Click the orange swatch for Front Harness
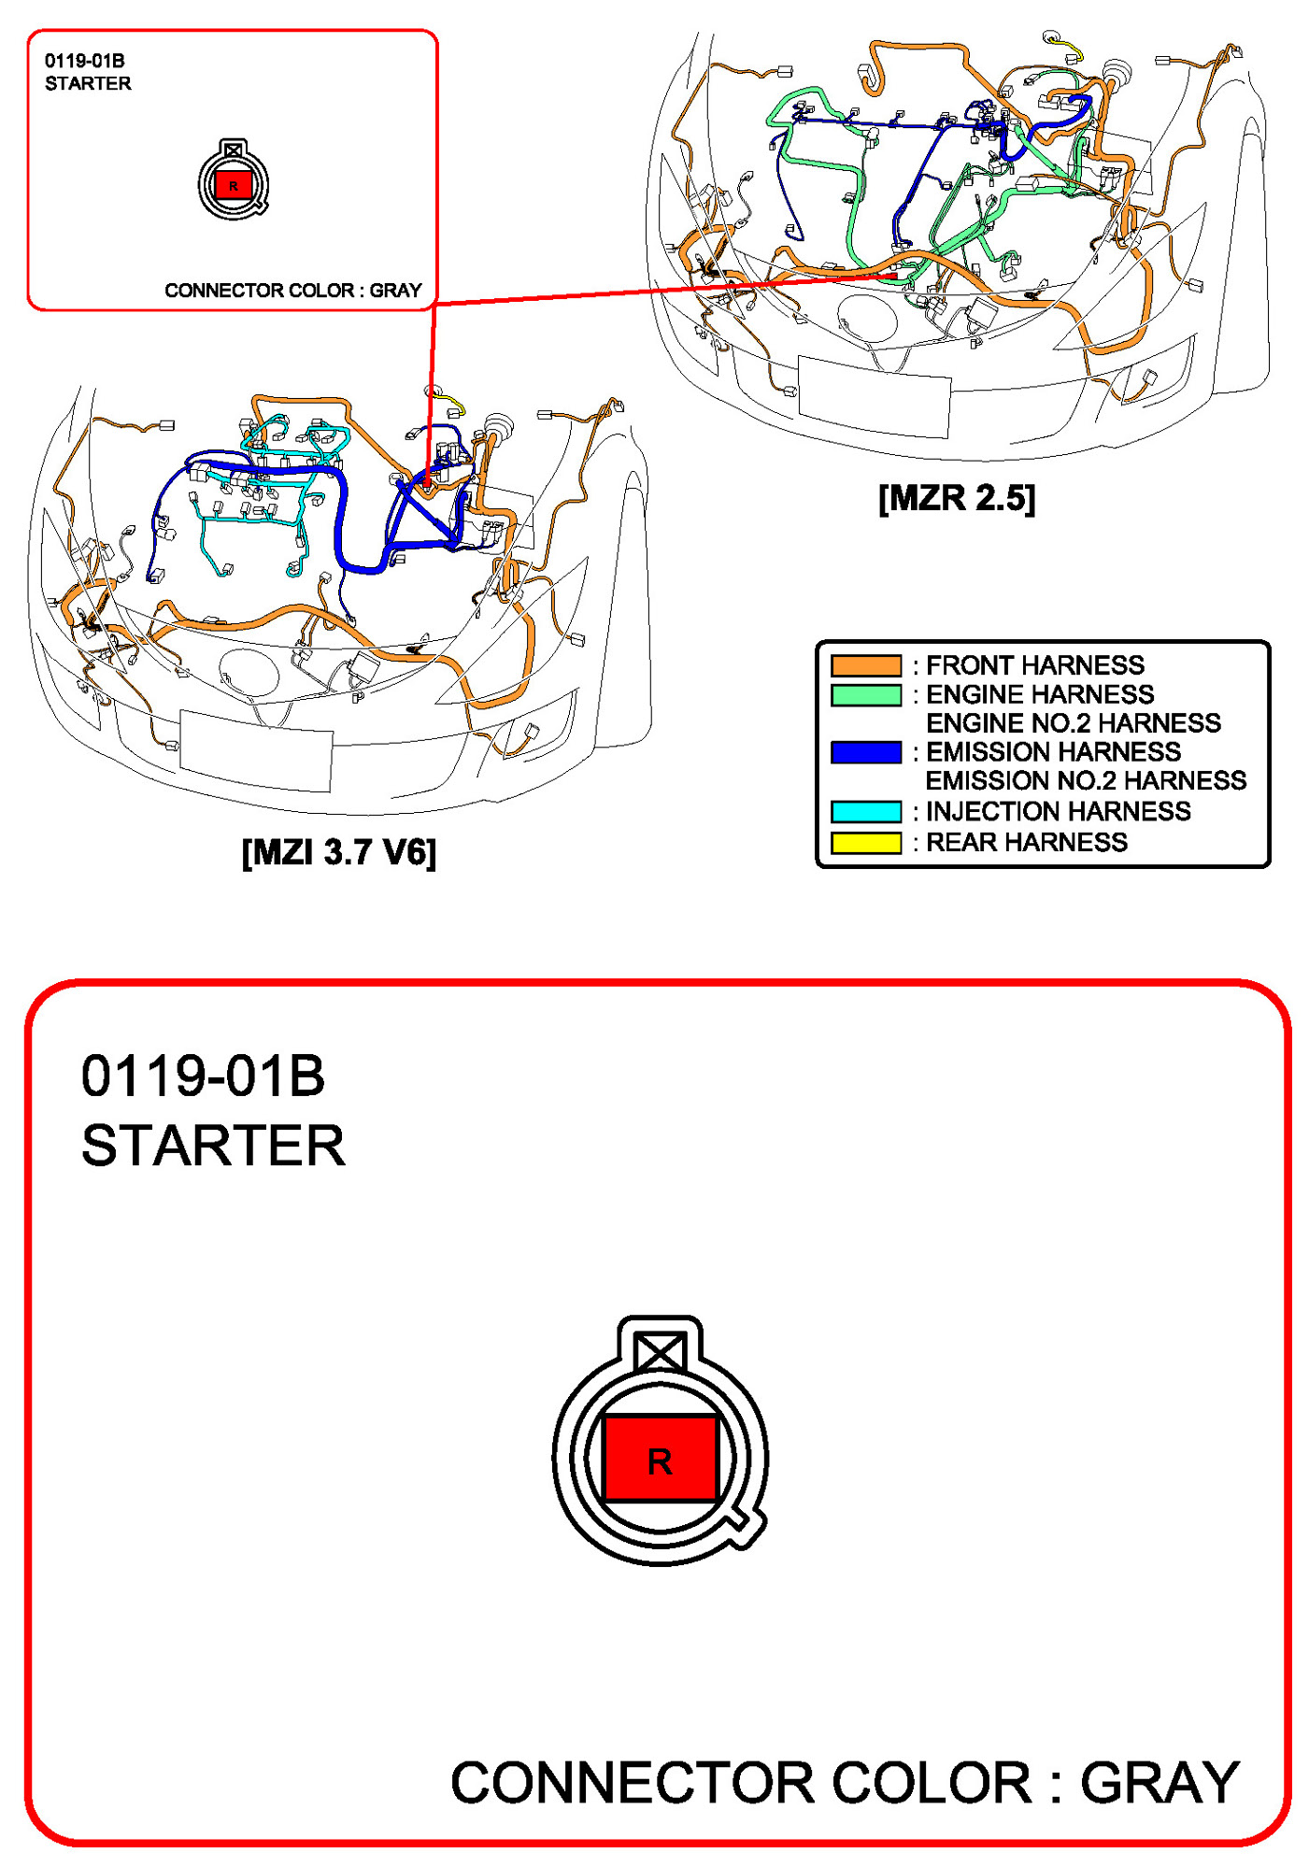(866, 665)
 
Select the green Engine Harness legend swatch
(866, 695)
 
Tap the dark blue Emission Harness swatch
(866, 752)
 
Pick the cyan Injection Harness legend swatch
(866, 811)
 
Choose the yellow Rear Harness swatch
(866, 842)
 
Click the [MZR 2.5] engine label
(957, 498)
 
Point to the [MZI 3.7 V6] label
(339, 852)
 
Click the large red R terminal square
(660, 1459)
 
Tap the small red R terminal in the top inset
(234, 185)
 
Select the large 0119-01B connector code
(203, 1076)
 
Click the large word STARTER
(213, 1146)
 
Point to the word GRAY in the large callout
(1160, 1783)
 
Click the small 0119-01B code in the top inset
(84, 61)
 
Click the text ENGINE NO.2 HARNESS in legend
(1074, 723)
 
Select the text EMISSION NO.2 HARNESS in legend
(1086, 781)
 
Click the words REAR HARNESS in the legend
(1027, 843)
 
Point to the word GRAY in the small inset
(396, 291)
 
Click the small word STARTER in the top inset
(88, 84)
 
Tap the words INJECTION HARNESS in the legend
(1059, 811)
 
